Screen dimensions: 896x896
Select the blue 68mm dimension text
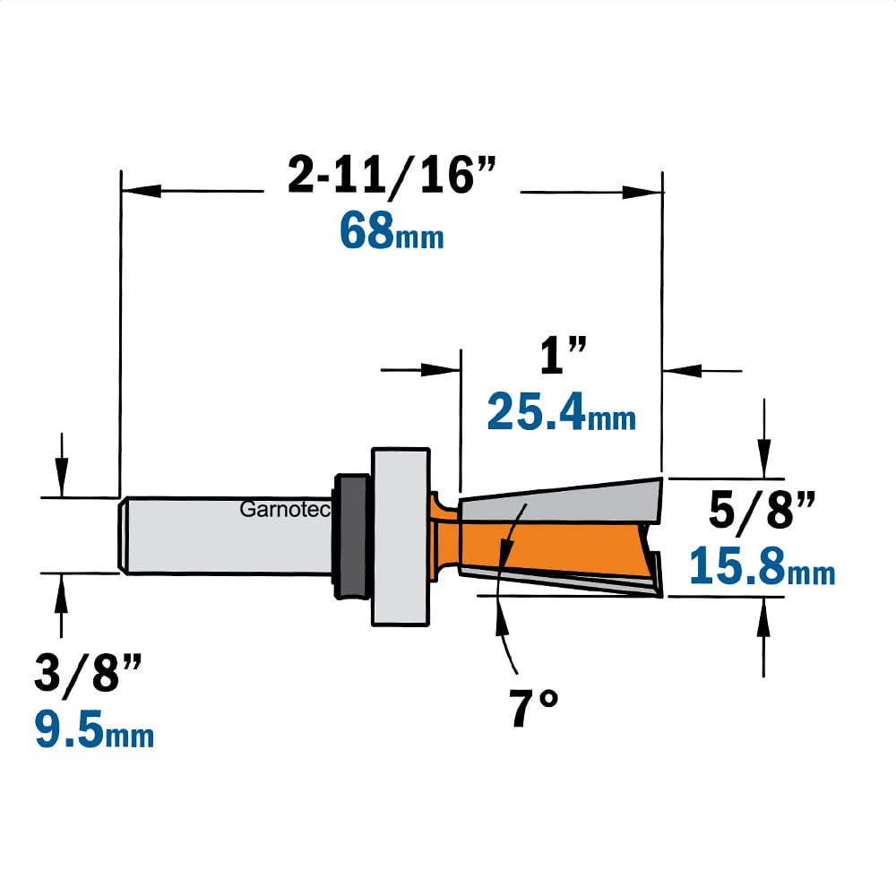pos(392,230)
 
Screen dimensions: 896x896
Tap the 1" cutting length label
pos(563,356)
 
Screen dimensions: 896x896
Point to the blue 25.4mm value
pos(561,411)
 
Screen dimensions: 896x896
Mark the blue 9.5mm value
pos(94,728)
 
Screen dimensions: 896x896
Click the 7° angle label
pos(533,708)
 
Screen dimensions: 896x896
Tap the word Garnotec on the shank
pos(285,509)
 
